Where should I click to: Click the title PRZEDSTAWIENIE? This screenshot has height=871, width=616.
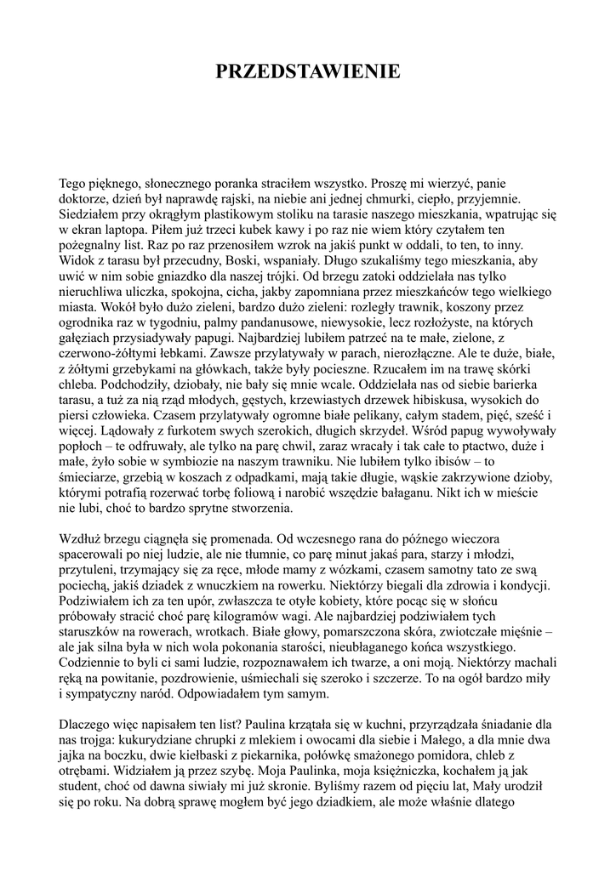click(307, 72)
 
